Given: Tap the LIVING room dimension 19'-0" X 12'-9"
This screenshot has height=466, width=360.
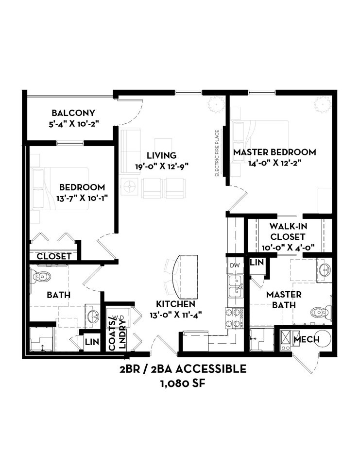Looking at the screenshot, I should point(162,166).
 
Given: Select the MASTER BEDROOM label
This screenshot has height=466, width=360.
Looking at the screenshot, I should point(274,152).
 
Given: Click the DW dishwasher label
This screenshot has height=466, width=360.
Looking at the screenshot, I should point(235,265).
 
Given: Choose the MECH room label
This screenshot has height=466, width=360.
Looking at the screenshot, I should point(307,340).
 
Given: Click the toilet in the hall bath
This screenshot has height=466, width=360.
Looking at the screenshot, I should point(41,277).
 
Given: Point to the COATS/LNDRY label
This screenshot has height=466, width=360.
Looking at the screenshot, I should point(115,332).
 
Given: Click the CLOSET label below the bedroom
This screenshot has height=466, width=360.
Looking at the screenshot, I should point(54,256).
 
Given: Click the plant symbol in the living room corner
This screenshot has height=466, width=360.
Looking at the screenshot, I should point(214,103).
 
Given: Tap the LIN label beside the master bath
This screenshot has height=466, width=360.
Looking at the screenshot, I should point(257,263).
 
